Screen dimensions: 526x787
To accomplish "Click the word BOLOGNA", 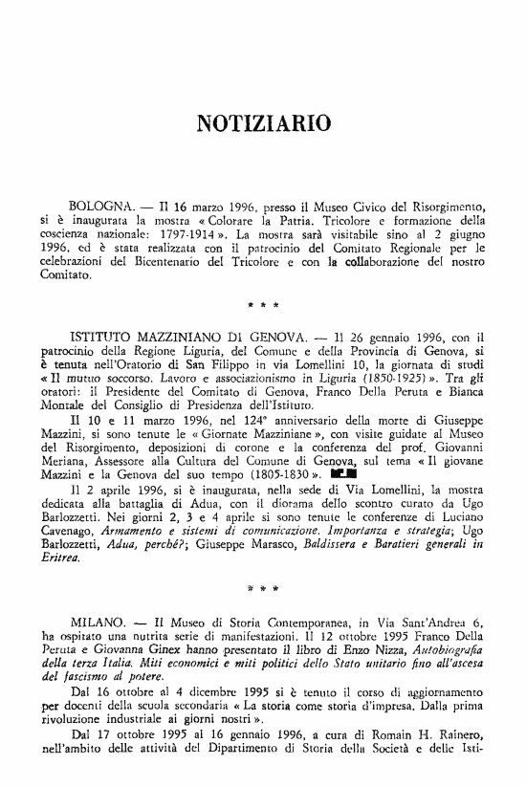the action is pyautogui.click(x=101, y=207).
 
